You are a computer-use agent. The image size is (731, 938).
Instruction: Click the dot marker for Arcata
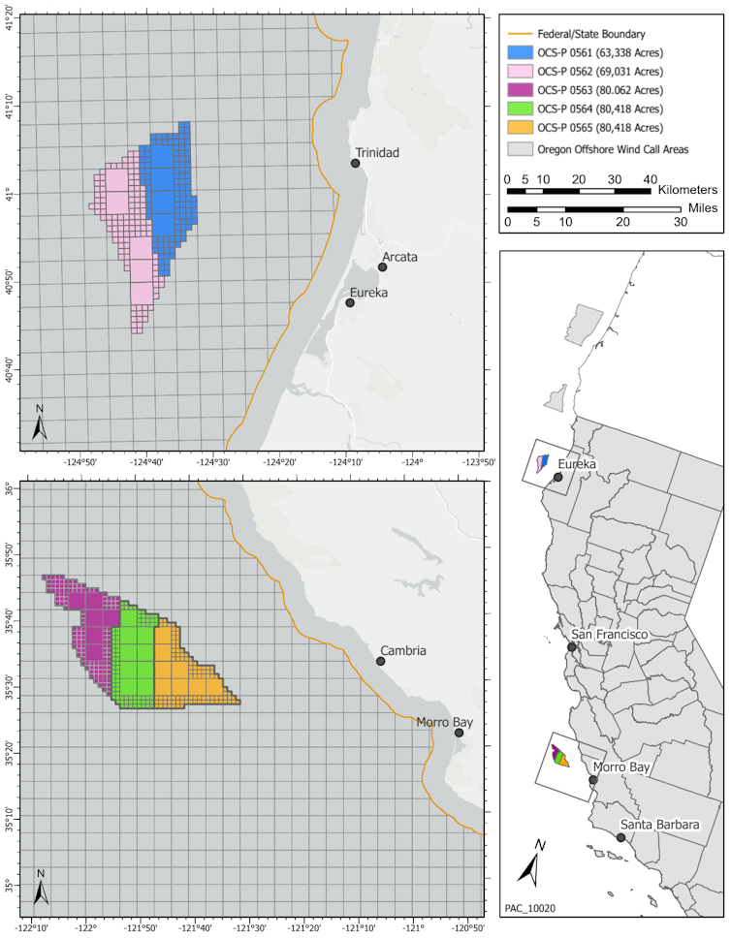382,267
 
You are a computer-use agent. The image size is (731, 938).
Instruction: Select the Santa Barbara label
659,825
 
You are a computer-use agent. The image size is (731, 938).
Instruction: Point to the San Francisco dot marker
572,647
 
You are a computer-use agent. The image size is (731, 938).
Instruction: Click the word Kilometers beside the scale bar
687,191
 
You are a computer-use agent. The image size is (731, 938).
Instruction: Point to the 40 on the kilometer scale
651,179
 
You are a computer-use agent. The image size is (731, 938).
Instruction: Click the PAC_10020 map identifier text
530,910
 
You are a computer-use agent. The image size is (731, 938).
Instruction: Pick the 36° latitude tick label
9,491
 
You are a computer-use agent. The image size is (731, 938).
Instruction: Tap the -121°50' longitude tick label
141,924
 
